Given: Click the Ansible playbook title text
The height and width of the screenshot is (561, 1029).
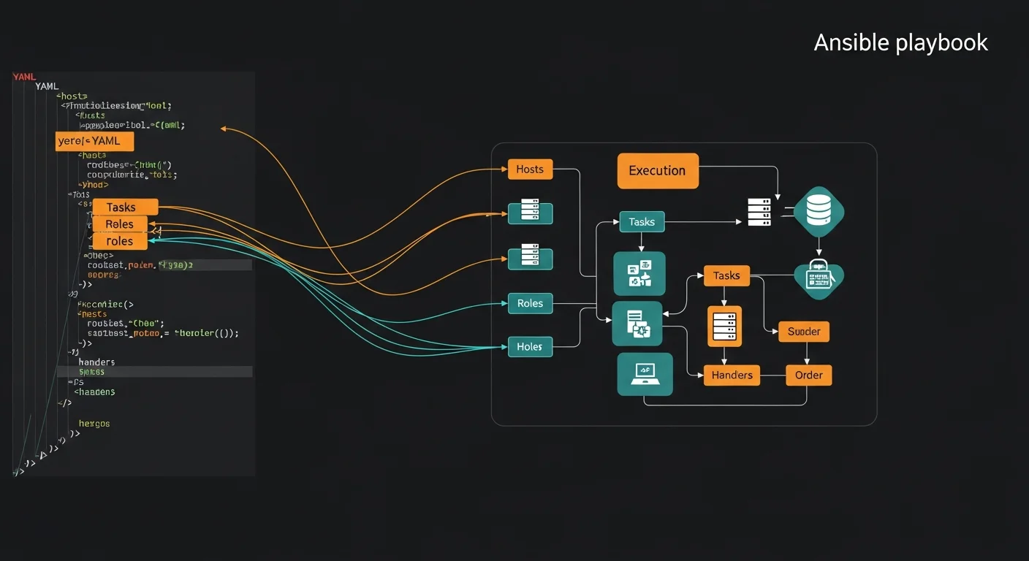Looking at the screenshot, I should coord(900,43).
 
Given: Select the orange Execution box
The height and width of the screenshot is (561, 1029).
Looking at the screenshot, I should coord(658,171).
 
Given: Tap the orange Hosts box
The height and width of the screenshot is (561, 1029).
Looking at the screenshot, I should coord(530,169).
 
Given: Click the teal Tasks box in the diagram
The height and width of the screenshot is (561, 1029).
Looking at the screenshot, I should coord(642,222).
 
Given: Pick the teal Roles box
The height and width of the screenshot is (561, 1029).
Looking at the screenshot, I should coord(530,303).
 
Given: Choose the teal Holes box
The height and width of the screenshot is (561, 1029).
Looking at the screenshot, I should coord(530,347).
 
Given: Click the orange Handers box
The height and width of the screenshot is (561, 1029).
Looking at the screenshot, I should coord(732,375).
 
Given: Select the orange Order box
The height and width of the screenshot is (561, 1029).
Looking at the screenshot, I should coord(808,375).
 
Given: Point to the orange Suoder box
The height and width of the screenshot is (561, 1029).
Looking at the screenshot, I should coord(804,332).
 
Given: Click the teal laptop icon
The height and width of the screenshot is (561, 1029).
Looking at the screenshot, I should coord(645,374).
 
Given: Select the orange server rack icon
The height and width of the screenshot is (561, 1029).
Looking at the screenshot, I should coord(724,326).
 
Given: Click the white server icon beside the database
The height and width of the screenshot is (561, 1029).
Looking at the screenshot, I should coord(759,212).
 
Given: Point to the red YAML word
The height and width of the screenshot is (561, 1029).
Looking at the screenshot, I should coord(25,77).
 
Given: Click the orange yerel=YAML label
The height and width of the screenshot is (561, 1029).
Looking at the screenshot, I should coord(94,141).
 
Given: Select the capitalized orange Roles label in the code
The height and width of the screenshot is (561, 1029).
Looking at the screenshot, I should coord(120,224).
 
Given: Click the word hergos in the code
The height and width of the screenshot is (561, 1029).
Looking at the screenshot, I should coord(94,424).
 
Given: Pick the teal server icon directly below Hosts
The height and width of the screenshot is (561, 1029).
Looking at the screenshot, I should coord(530,213).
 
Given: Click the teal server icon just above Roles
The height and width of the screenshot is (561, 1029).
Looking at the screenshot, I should coord(530,259).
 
